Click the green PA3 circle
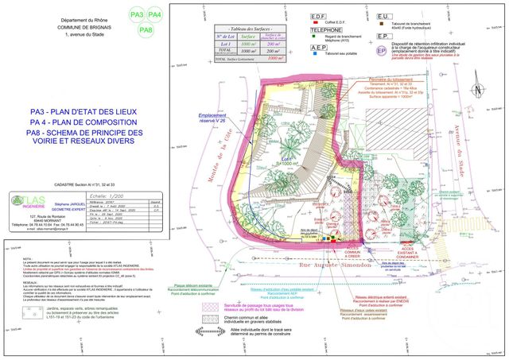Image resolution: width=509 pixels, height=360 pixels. click(x=136, y=15)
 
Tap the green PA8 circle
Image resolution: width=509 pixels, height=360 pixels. click(x=146, y=30)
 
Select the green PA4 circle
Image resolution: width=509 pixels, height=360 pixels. click(x=155, y=15)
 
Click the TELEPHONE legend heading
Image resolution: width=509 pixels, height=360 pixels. click(x=324, y=29)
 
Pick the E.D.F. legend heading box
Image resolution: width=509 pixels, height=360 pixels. click(x=318, y=15)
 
